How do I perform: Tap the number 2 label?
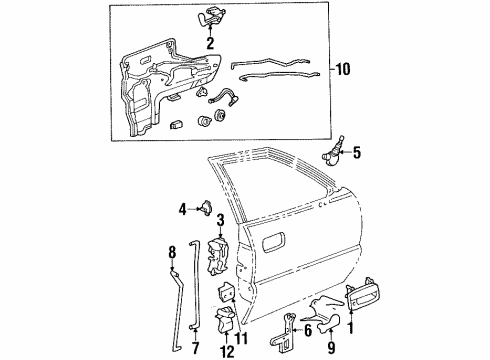tap(210, 44)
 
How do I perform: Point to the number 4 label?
tap(183, 209)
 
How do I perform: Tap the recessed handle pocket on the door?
tap(272, 239)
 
